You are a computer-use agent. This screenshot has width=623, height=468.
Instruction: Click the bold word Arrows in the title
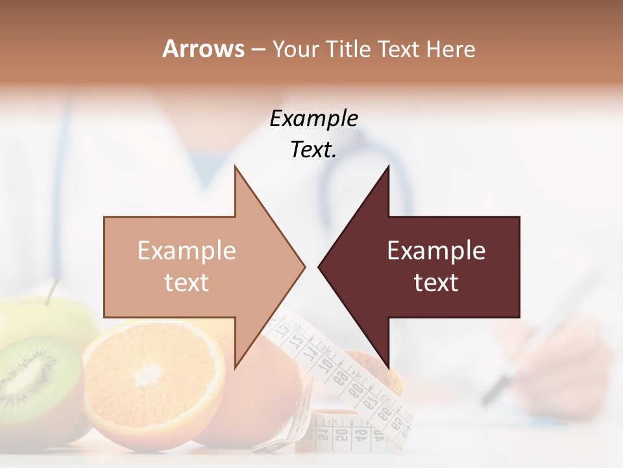(x=203, y=49)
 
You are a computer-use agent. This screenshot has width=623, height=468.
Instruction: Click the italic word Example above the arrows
(x=313, y=119)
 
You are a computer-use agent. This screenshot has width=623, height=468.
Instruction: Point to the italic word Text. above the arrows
(x=313, y=150)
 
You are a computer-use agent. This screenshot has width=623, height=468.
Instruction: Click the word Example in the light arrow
(x=187, y=251)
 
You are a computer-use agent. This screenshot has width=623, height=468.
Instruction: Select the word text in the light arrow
(x=187, y=283)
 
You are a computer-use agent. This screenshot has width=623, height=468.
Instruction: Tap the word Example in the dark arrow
(x=436, y=251)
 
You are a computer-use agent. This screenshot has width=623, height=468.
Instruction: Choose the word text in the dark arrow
(x=436, y=283)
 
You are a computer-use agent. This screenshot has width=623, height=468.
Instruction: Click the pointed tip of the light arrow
(x=304, y=266)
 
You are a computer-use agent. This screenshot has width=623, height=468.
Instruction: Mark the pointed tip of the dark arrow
(x=319, y=266)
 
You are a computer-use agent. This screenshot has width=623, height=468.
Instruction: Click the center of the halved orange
(x=149, y=374)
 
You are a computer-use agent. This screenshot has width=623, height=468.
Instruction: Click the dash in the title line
(x=258, y=49)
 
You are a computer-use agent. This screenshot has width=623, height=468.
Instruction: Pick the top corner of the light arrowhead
(x=235, y=166)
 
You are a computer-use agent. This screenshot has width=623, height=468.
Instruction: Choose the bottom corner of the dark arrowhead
(x=389, y=367)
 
